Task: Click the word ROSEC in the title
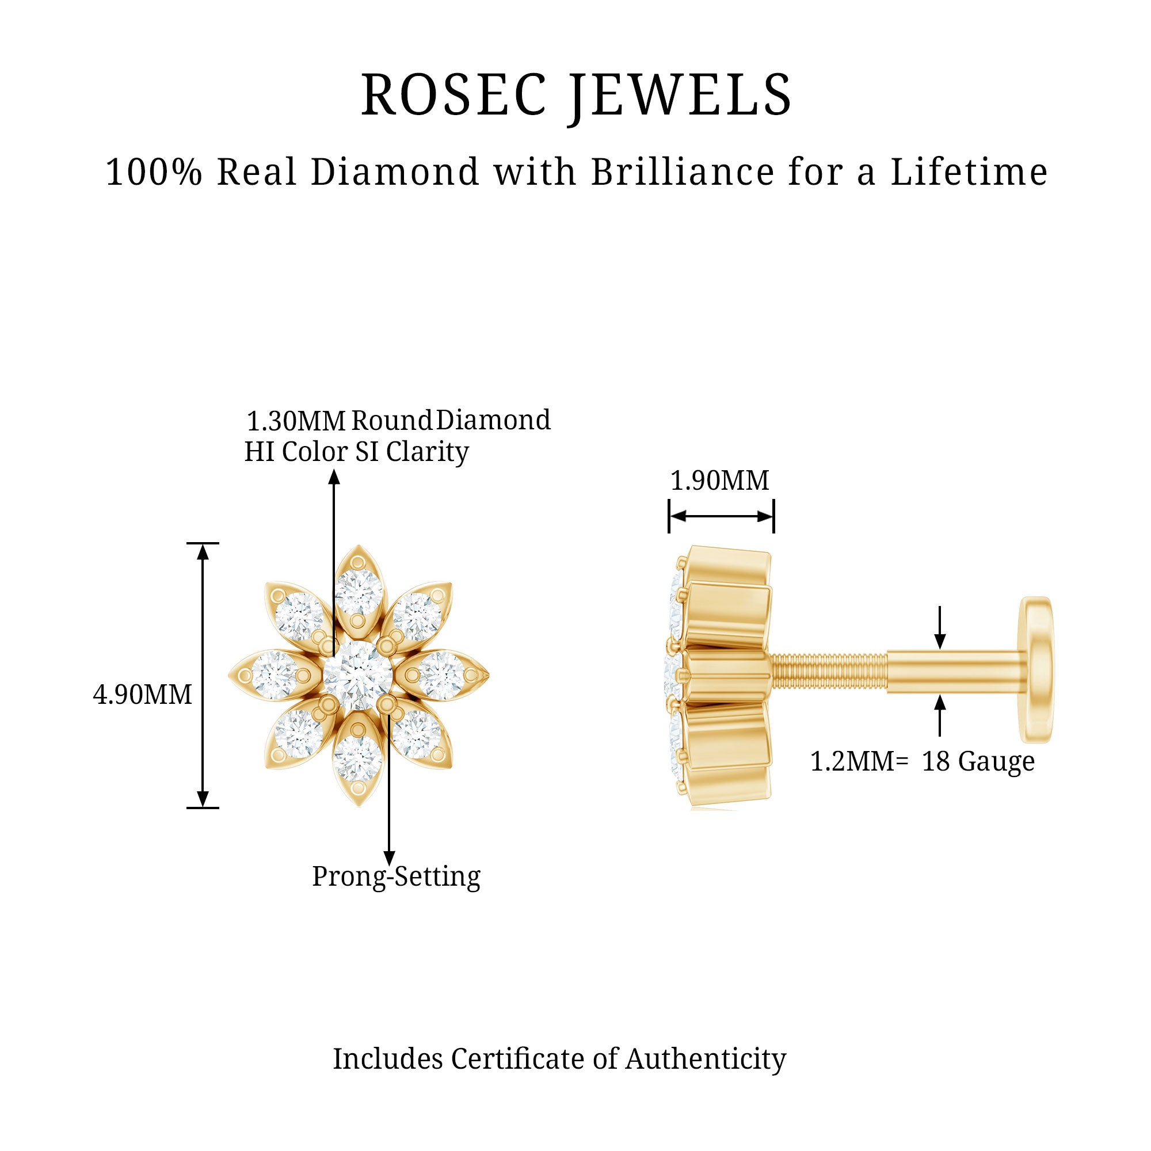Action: pyautogui.click(x=454, y=95)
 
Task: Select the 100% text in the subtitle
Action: pyautogui.click(x=154, y=172)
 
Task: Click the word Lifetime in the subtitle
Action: pyautogui.click(x=969, y=172)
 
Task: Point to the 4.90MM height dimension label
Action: pyautogui.click(x=142, y=695)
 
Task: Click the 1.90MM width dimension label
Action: pyautogui.click(x=720, y=480)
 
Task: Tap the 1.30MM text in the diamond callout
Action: pyautogui.click(x=296, y=421)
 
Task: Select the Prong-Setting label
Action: pyautogui.click(x=396, y=876)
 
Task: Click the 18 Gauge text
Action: pyautogui.click(x=978, y=762)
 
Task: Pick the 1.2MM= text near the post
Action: pyautogui.click(x=859, y=761)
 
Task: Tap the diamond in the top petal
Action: pyautogui.click(x=358, y=593)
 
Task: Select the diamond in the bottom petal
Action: pyautogui.click(x=358, y=759)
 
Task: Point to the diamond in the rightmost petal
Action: pyautogui.click(x=441, y=676)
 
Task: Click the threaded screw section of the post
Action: pyautogui.click(x=829, y=672)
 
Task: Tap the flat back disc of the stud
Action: pyautogui.click(x=1036, y=670)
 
